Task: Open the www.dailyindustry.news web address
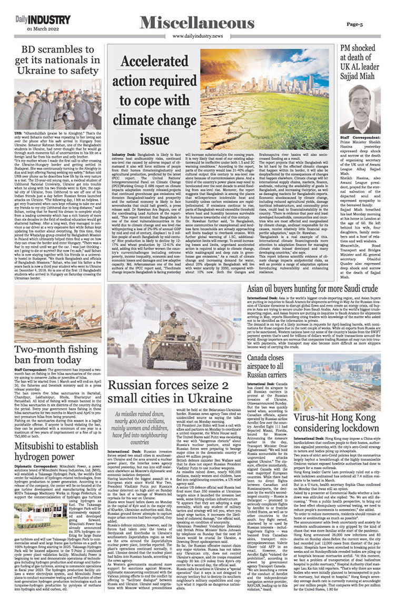pos(197,36)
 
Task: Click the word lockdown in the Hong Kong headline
pos(358,429)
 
